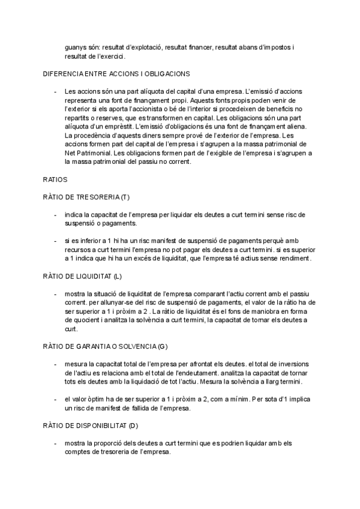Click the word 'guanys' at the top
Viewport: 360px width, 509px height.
(76, 46)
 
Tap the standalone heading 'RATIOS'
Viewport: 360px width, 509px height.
(55, 179)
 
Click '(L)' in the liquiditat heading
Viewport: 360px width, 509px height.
(118, 276)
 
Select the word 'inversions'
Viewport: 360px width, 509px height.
(289, 364)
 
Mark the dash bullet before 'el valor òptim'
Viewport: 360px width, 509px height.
(56, 399)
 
